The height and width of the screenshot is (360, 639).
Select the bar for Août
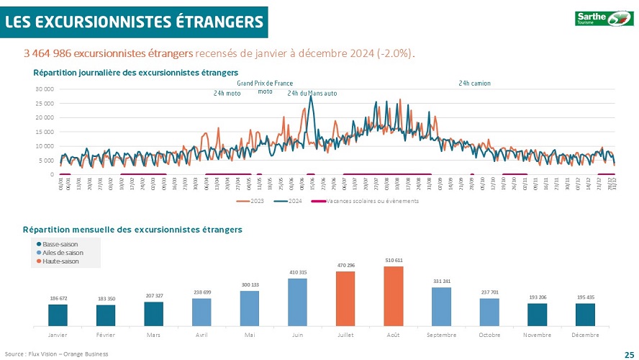pos(393,296)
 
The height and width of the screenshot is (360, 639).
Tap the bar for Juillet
pos(345,298)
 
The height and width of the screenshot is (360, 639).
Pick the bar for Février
pos(106,315)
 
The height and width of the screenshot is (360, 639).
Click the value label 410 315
pos(298,272)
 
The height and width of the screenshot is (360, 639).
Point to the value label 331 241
pos(441,281)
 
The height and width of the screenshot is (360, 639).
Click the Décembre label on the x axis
pos(585,335)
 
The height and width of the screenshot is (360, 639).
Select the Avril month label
pos(201,335)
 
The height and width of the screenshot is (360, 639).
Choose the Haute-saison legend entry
pos(60,261)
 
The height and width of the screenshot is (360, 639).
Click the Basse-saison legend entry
pos(60,244)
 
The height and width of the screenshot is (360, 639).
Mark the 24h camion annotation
pos(474,84)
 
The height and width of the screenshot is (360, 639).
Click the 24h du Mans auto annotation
pos(312,94)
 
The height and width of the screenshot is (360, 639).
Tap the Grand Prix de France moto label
pos(265,87)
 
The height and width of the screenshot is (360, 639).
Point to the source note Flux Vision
pos(56,354)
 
